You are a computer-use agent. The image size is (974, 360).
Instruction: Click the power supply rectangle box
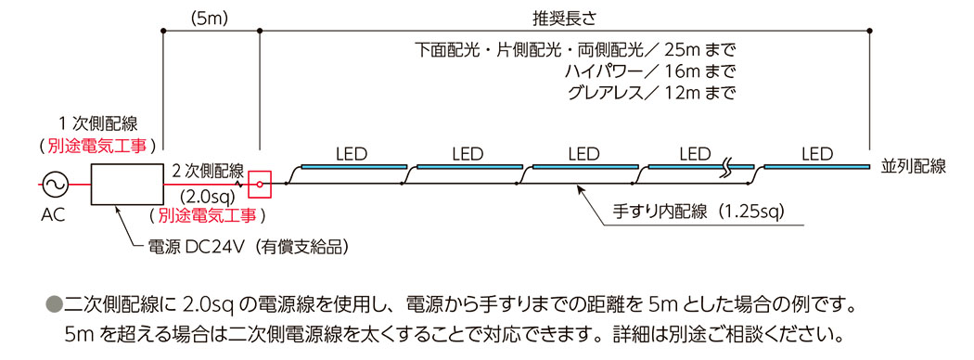click(126, 184)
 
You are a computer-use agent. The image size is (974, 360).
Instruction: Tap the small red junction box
click(261, 184)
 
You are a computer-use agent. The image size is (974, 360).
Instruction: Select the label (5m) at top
click(210, 18)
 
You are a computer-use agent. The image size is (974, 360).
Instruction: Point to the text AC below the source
click(52, 215)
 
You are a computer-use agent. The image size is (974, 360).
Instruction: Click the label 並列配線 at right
click(914, 167)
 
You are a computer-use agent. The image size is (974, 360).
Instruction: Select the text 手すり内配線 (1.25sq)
click(699, 212)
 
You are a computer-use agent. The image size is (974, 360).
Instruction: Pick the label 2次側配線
click(208, 171)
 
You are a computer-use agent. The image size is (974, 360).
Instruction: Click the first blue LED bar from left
click(352, 166)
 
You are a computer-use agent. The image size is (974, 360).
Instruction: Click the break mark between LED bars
click(729, 169)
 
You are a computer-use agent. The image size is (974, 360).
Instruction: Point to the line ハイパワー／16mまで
click(649, 71)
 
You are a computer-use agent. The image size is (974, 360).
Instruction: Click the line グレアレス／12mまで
click(649, 93)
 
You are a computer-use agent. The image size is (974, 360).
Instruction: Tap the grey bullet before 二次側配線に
click(53, 303)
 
